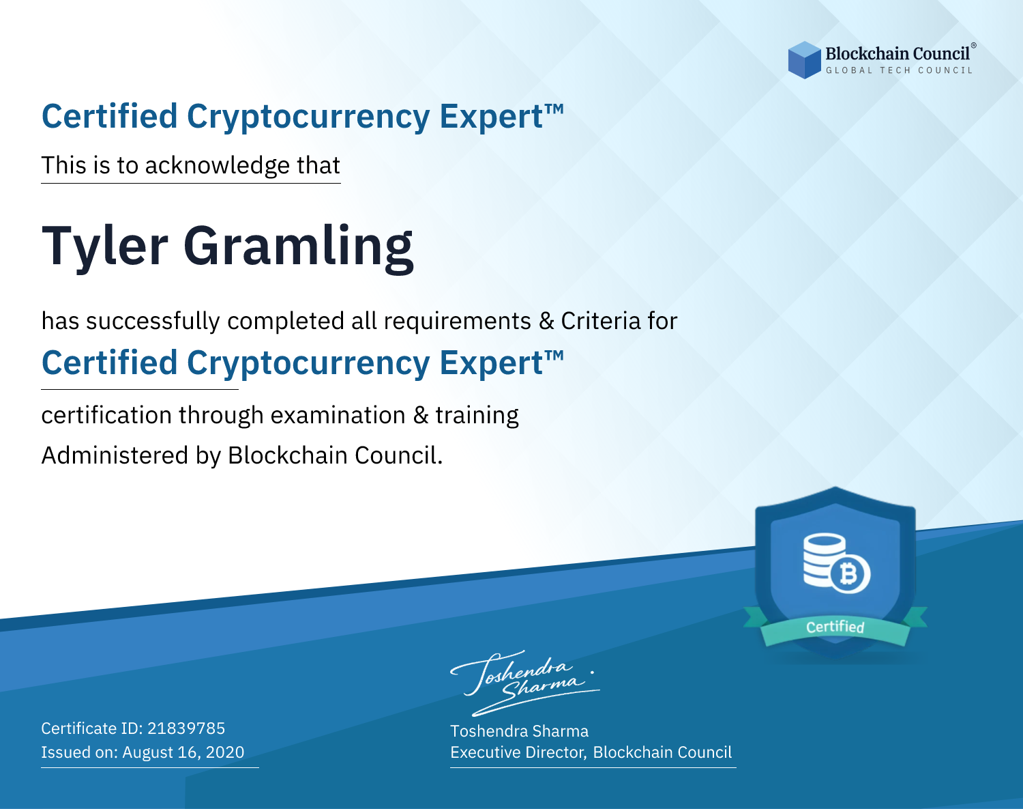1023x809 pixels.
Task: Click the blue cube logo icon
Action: pos(804,60)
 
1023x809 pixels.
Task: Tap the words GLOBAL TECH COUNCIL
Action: pos(900,70)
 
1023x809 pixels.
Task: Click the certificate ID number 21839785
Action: pos(186,728)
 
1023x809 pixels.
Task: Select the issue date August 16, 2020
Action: pos(183,752)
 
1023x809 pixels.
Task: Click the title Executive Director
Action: pos(518,752)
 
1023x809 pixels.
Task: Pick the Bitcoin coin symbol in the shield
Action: pos(850,573)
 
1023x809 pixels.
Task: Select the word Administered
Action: pos(115,455)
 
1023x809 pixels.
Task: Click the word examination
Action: pos(338,415)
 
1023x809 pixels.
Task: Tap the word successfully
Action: pos(153,322)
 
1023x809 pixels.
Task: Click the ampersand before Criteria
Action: pos(546,322)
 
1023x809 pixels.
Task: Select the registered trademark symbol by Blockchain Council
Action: pos(973,46)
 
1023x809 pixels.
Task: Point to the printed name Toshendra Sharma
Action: pos(519,731)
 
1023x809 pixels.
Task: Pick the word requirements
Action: pos(458,322)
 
